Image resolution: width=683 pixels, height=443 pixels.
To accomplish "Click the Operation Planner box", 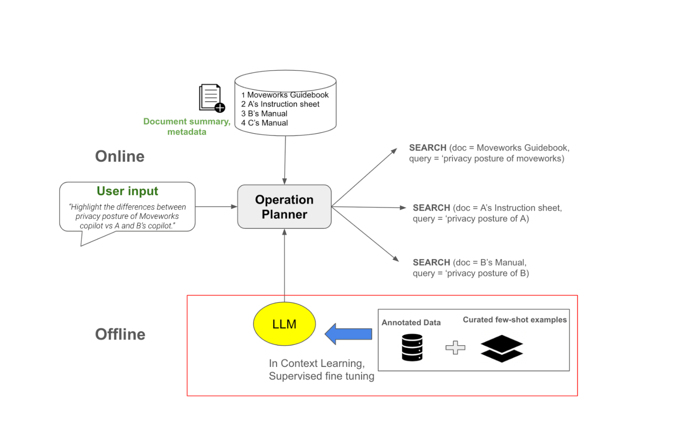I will click(x=284, y=207).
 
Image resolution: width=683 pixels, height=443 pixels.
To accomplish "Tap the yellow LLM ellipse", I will click(x=284, y=324).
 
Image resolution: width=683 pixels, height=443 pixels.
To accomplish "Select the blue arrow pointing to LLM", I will click(x=348, y=334).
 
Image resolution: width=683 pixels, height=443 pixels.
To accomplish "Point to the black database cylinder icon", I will click(x=412, y=347).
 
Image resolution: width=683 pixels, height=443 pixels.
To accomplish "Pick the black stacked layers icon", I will click(x=501, y=348).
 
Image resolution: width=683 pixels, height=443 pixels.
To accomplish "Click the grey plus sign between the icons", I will click(x=455, y=347).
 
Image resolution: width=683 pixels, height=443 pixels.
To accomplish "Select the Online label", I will click(x=119, y=156).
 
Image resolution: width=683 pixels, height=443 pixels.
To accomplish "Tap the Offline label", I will click(x=120, y=334).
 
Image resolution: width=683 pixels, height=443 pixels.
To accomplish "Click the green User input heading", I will click(x=127, y=191).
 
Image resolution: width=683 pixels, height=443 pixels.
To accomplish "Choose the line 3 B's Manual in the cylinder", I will click(x=264, y=114).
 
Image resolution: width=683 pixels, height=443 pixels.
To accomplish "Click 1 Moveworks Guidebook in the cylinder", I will click(x=285, y=95).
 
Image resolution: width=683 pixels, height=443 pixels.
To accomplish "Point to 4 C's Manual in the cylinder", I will click(x=264, y=123).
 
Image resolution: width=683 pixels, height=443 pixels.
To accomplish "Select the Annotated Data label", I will click(x=411, y=323).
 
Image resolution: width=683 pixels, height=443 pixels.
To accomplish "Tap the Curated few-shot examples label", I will click(x=515, y=320).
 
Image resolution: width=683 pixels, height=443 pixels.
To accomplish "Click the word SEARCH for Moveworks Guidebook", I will click(x=427, y=148).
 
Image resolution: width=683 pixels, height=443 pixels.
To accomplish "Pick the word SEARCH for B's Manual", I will click(x=431, y=263).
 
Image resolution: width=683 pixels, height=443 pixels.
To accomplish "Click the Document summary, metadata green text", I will click(x=187, y=126).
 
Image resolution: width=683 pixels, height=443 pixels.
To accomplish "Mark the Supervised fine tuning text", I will click(x=321, y=376).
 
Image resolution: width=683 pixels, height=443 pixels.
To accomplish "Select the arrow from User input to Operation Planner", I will click(x=216, y=207).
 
